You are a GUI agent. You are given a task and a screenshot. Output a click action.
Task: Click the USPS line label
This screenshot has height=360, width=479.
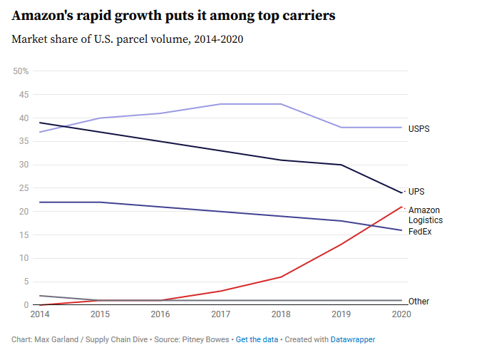pyautogui.click(x=418, y=129)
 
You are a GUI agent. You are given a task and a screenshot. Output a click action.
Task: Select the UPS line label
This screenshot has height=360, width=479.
pyautogui.click(x=416, y=192)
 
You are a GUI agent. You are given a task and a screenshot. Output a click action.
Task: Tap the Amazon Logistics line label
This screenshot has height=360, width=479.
pyautogui.click(x=424, y=215)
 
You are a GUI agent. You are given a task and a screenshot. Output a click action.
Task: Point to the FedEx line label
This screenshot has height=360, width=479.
pyautogui.click(x=420, y=232)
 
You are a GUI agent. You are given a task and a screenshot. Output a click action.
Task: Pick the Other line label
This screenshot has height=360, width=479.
pyautogui.click(x=418, y=302)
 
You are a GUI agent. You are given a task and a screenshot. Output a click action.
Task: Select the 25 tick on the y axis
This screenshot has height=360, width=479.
pyautogui.click(x=24, y=188)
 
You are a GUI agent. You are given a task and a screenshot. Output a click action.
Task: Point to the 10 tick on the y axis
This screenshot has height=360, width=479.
pyautogui.click(x=24, y=258)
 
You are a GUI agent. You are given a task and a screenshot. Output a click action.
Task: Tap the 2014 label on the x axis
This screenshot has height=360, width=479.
pyautogui.click(x=39, y=314)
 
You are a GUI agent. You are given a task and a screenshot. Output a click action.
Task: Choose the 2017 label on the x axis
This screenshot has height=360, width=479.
pyautogui.click(x=221, y=314)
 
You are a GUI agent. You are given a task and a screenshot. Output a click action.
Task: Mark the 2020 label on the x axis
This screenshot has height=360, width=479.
pyautogui.click(x=402, y=314)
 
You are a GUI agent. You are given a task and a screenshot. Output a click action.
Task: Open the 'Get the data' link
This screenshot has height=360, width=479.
pyautogui.click(x=257, y=339)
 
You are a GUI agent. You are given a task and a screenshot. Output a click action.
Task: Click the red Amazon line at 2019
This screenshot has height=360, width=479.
pyautogui.click(x=342, y=245)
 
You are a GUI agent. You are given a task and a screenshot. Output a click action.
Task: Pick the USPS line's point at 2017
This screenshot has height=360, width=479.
pyautogui.click(x=221, y=104)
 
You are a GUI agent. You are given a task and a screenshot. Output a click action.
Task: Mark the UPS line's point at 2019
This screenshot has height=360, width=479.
pyautogui.click(x=342, y=165)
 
